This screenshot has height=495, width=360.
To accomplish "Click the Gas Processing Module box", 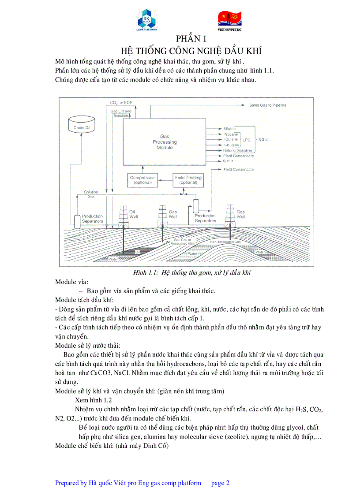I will (x=165, y=142).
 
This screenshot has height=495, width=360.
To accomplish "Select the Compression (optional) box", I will (x=142, y=180).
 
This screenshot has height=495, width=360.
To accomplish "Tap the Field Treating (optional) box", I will (x=188, y=180).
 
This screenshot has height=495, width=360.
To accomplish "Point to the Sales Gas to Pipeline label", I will (x=267, y=105).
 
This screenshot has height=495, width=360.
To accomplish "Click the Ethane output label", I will (x=229, y=129).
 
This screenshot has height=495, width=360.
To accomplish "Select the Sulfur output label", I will (x=228, y=161).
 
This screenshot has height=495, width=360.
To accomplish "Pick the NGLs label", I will (x=264, y=140).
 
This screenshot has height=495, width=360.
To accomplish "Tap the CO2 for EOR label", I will (x=121, y=103).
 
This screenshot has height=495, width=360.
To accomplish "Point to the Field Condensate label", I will (x=238, y=169).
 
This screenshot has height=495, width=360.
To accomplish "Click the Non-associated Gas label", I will (x=225, y=242).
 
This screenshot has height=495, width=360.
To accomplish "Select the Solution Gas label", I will (x=91, y=194).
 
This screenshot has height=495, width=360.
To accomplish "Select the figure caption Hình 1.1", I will (x=192, y=273).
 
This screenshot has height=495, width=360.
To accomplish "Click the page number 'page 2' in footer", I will (x=221, y=483).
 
